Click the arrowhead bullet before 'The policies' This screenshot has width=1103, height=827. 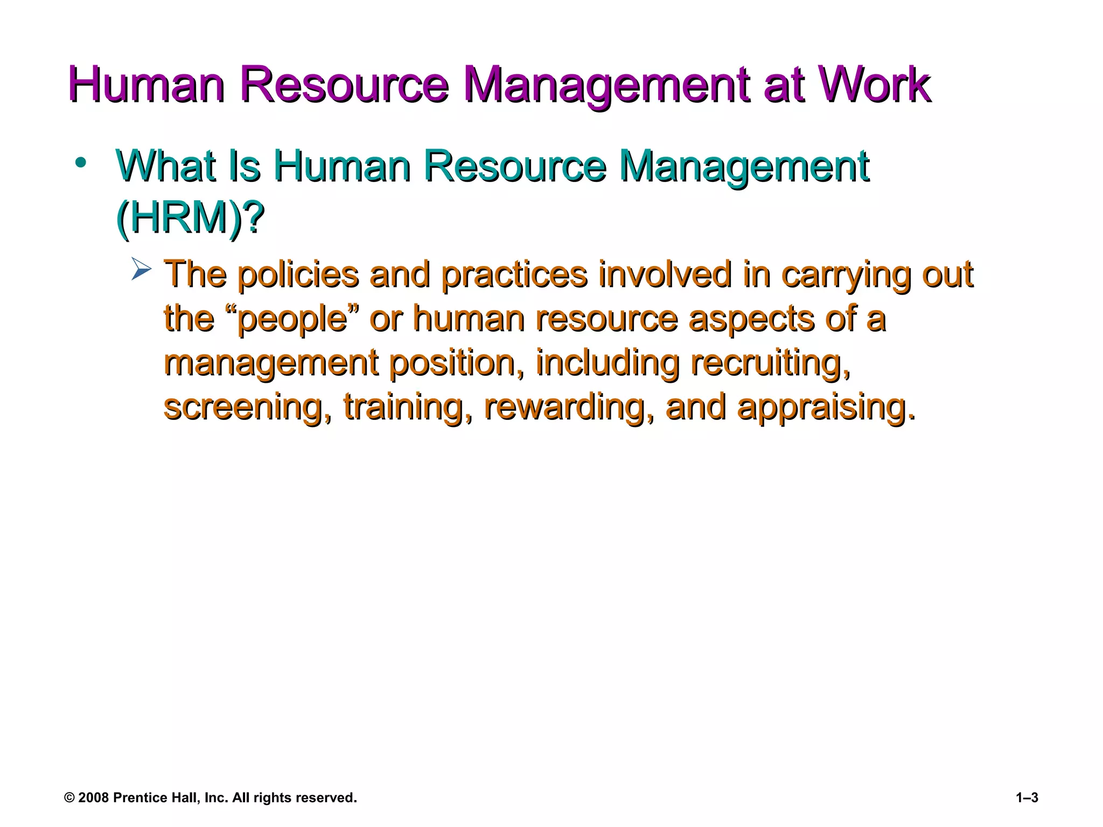(142, 269)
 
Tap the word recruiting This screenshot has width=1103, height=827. (770, 363)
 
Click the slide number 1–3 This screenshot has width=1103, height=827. (1027, 798)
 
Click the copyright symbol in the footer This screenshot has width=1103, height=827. (69, 798)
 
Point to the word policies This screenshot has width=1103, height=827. (298, 275)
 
